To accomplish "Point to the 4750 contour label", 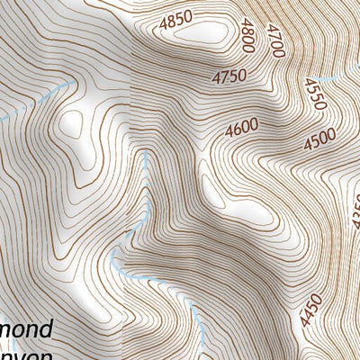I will (x=230, y=78).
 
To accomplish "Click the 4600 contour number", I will (x=244, y=129).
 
